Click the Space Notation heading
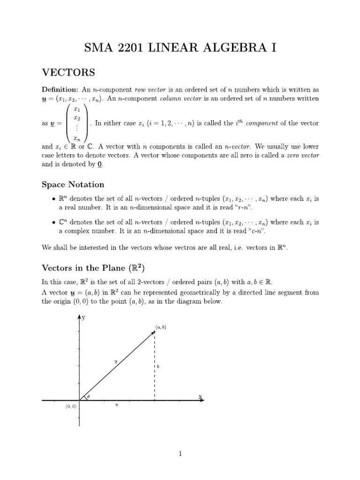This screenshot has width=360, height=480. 73,185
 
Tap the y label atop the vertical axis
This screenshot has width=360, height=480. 84,318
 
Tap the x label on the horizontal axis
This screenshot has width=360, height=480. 201,397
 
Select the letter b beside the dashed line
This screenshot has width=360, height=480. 158,367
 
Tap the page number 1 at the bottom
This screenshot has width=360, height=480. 180,453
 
